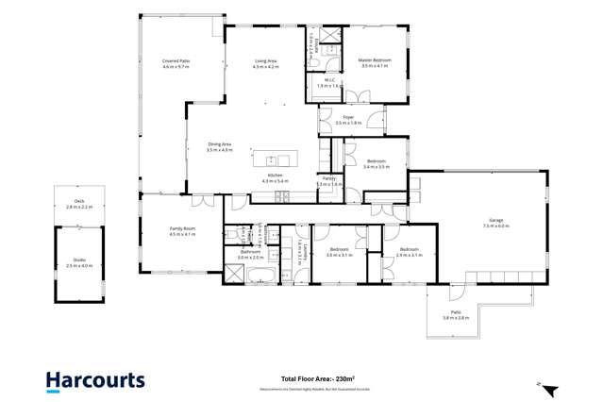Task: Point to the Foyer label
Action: (x=348, y=118)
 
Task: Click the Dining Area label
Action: (x=219, y=144)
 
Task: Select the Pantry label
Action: (x=328, y=178)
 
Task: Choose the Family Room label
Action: (x=182, y=229)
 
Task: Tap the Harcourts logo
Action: (x=95, y=380)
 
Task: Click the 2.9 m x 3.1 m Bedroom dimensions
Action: (x=408, y=255)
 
